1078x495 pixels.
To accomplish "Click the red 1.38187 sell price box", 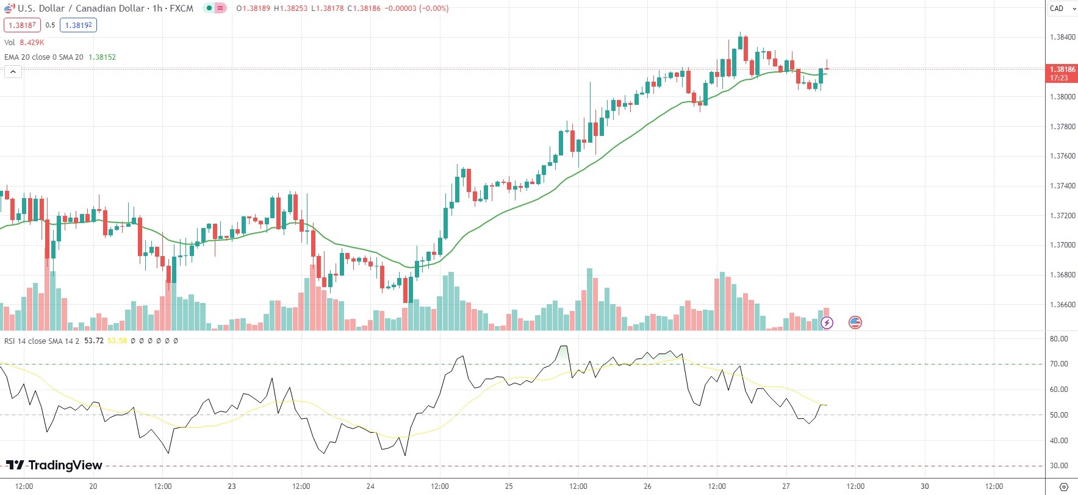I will (22, 25).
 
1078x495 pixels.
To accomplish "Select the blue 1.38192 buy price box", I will (78, 25).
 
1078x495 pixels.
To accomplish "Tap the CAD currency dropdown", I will (1062, 9).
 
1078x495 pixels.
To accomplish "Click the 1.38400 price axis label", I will (1062, 37).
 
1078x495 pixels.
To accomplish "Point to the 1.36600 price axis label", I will (1062, 305).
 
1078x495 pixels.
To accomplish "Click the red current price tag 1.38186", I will (1062, 73).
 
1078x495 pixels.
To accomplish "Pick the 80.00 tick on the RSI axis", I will (1058, 339).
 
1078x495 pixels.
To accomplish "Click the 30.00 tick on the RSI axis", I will (1058, 466).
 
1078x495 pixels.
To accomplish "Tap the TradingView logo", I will (54, 465).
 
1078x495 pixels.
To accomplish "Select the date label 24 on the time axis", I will (370, 486).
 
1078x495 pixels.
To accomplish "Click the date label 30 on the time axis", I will (925, 486).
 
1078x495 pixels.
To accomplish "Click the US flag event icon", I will (855, 322).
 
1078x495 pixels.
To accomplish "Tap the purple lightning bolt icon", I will (827, 322).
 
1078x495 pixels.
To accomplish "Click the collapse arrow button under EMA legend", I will (13, 72).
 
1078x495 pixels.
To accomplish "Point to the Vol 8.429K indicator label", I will (24, 43).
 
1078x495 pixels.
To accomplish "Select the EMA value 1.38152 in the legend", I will (102, 57).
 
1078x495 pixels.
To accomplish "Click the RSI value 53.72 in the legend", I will (93, 341).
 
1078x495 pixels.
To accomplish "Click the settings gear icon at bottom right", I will (1064, 486).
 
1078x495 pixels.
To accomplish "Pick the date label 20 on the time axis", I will (93, 486).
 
